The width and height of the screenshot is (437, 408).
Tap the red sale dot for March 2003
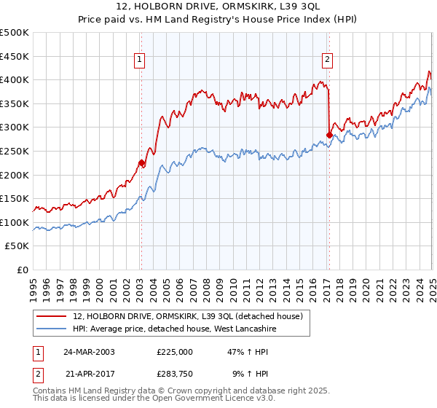(x=141, y=163)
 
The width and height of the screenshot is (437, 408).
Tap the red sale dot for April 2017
(x=329, y=135)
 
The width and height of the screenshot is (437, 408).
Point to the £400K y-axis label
(x=15, y=80)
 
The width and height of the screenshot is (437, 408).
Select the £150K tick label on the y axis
(x=15, y=198)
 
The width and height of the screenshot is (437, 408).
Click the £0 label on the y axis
(x=22, y=270)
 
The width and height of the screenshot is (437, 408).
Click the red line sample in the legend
(x=51, y=316)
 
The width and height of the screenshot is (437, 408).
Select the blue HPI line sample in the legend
(x=51, y=329)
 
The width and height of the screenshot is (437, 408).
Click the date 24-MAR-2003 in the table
(x=89, y=352)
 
